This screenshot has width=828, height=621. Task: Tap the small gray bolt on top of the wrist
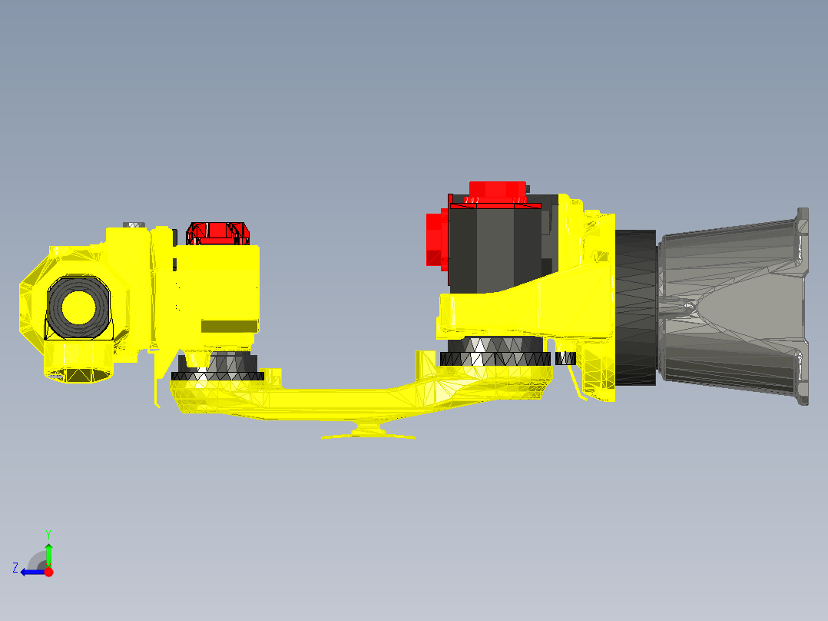(x=134, y=224)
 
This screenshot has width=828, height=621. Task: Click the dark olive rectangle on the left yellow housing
(x=228, y=326)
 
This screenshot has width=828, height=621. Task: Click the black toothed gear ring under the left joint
(x=217, y=376)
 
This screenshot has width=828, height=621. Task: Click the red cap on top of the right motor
(x=497, y=190)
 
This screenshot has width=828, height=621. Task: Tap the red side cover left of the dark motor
(x=437, y=238)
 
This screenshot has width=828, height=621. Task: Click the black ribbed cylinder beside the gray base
(x=635, y=307)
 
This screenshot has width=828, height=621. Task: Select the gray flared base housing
(x=730, y=307)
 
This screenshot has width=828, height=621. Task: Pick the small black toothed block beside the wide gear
(x=565, y=358)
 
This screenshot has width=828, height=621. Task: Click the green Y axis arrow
(x=48, y=553)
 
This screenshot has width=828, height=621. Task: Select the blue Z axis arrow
(x=31, y=572)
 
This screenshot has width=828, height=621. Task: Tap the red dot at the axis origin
(x=48, y=572)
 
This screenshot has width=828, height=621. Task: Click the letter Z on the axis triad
(x=15, y=568)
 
